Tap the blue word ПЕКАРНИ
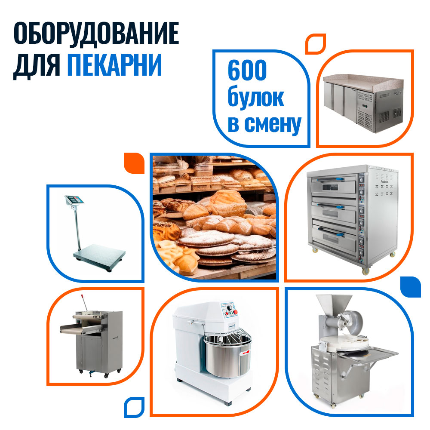click(115, 64)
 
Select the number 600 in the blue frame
click(247, 70)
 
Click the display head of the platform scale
click(74, 200)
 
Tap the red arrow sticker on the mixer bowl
click(245, 353)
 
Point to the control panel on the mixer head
click(230, 310)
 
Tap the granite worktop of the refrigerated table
click(363, 82)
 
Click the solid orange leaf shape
click(134, 163)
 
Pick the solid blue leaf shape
click(410, 287)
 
